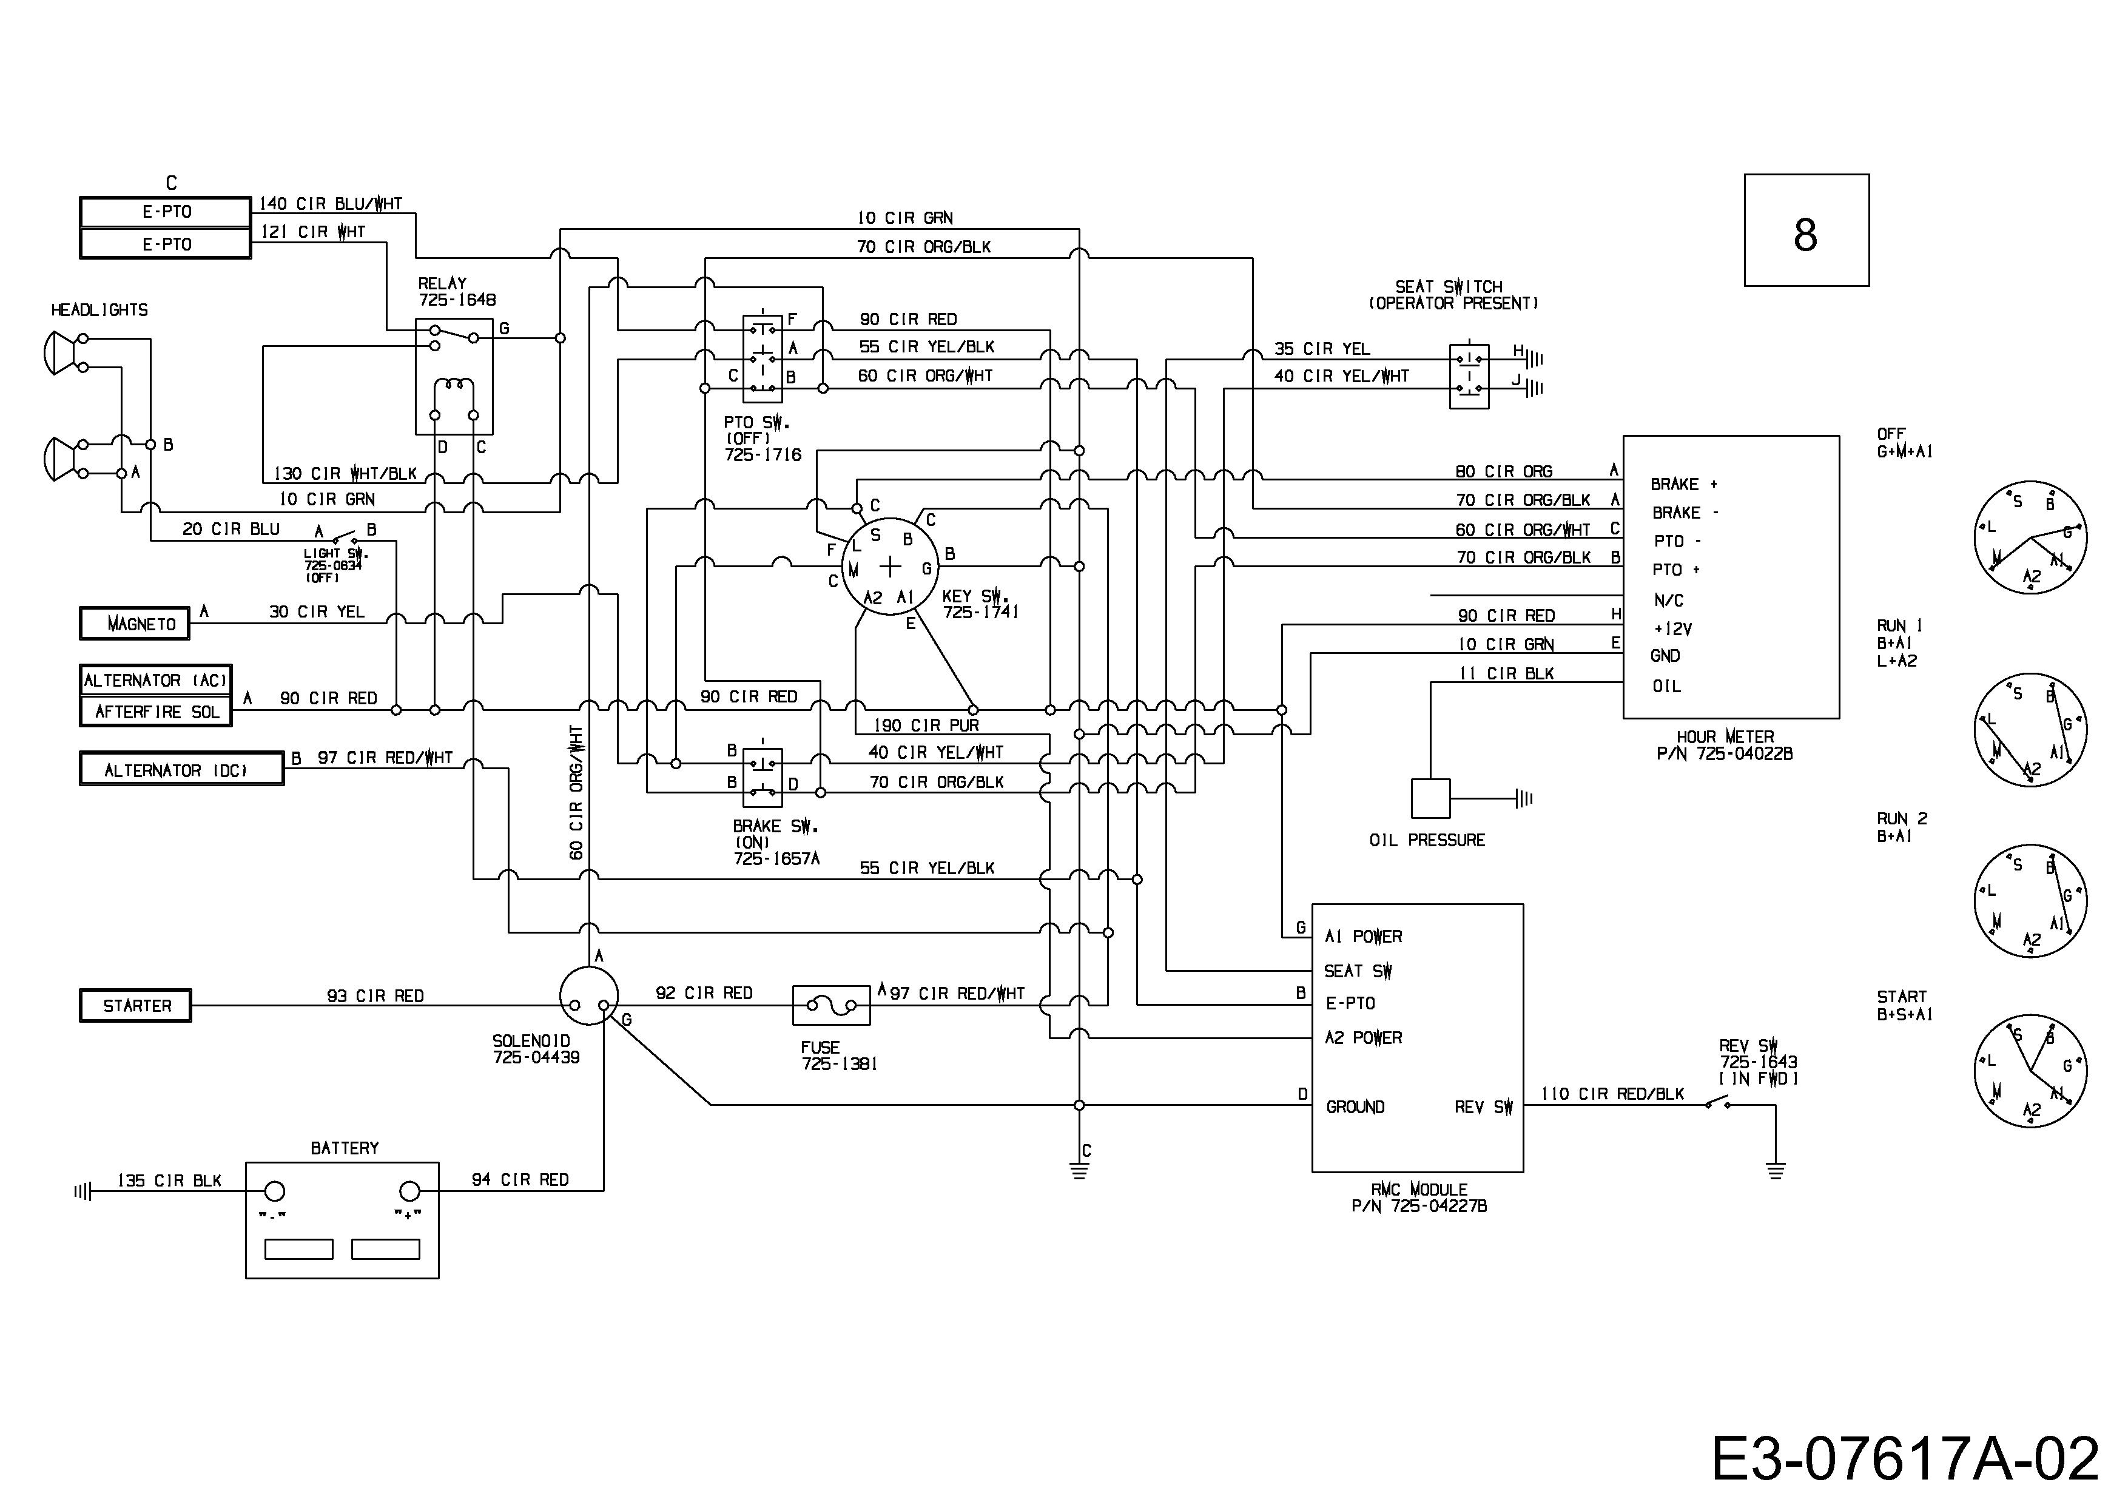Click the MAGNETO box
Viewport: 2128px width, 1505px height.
point(135,624)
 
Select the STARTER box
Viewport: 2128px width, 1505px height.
point(135,1006)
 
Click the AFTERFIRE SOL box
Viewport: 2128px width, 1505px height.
point(156,712)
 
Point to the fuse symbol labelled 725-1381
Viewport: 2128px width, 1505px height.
point(832,1006)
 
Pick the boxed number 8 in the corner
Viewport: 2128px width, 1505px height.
point(1806,230)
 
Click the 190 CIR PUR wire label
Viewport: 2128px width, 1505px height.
point(926,726)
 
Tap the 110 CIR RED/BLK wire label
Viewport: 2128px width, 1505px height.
point(1613,1094)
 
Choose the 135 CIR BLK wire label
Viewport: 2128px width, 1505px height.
point(170,1180)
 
